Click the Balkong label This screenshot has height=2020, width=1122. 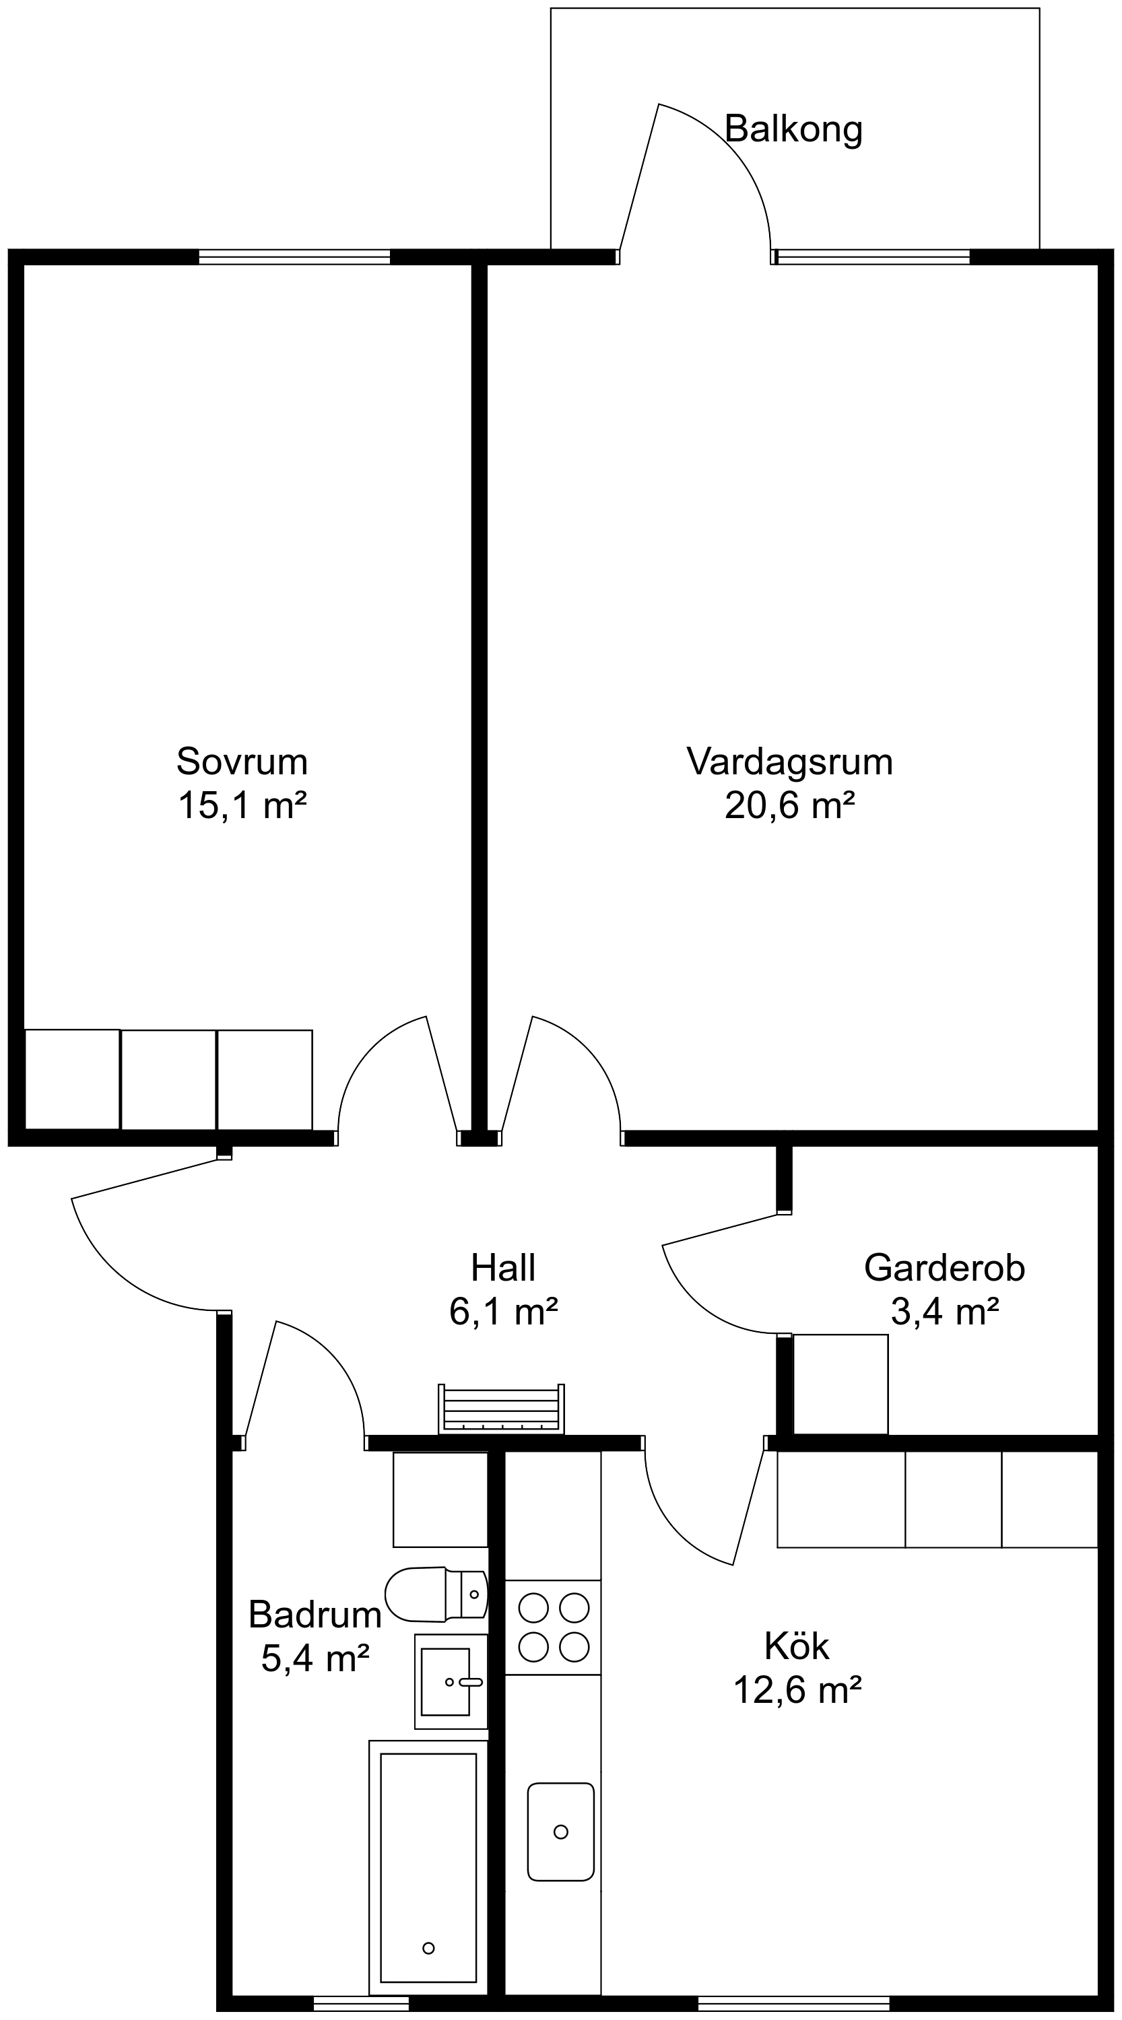click(793, 129)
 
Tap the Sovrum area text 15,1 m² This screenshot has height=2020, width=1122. click(242, 805)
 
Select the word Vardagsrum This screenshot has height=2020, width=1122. click(789, 762)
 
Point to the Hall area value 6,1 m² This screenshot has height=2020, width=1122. click(503, 1311)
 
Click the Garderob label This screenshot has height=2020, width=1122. click(944, 1268)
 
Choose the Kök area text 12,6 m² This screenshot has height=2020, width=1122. click(797, 1690)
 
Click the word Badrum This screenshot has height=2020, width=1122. click(315, 1615)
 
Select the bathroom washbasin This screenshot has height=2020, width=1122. click(449, 1681)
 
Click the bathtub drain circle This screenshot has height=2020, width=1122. click(428, 1948)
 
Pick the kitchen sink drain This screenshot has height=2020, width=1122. click(560, 1831)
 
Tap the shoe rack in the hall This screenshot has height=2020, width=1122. click(501, 1409)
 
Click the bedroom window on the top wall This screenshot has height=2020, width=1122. click(294, 257)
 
